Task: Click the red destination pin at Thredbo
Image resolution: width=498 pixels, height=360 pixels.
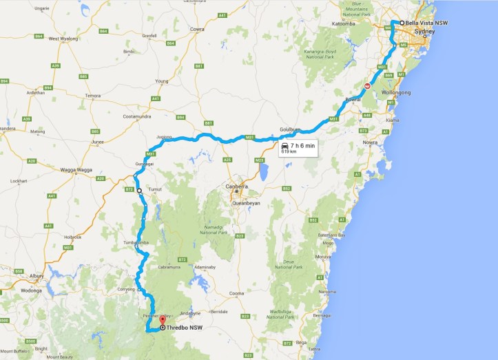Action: point(162,319)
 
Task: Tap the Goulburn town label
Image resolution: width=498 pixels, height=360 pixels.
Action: point(291,129)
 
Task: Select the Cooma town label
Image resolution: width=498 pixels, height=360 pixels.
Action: point(237,293)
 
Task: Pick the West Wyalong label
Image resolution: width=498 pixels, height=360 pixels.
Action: point(63,39)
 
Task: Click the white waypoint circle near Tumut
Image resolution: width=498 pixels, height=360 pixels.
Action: point(138,191)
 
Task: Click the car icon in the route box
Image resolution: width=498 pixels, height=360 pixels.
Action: point(284,146)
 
